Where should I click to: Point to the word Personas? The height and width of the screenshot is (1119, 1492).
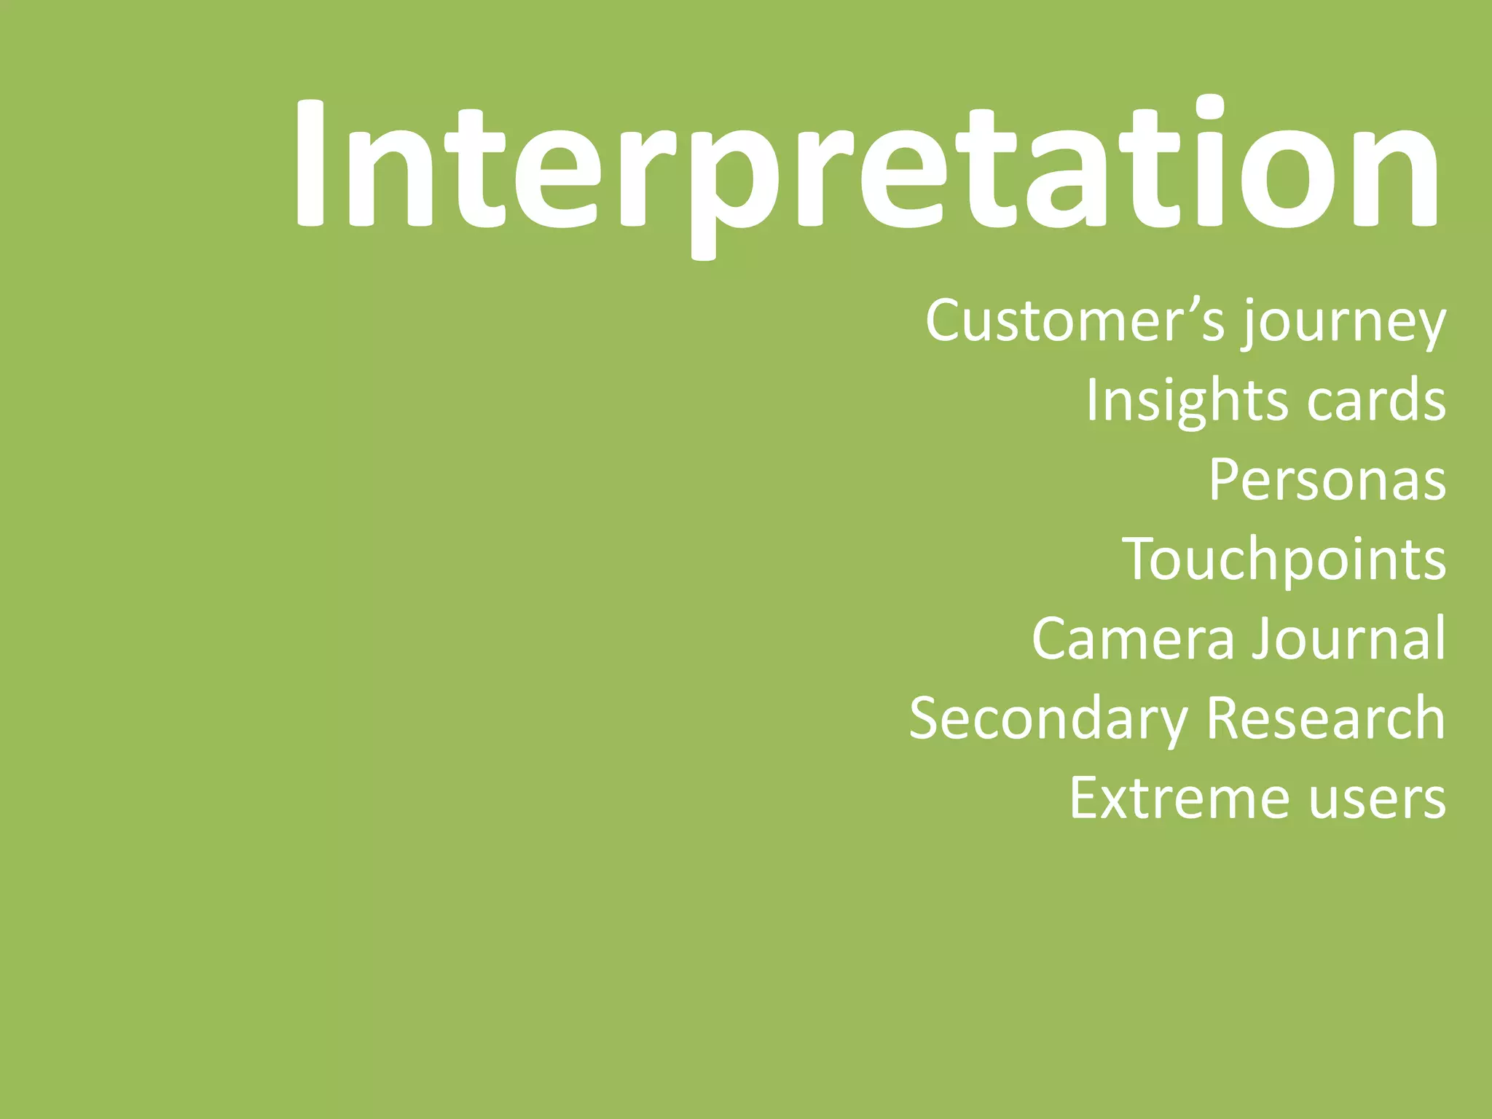1327,480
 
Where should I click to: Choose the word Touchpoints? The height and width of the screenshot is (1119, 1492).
1284,559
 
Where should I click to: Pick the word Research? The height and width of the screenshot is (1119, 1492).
1326,719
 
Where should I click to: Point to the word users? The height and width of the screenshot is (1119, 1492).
1377,798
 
